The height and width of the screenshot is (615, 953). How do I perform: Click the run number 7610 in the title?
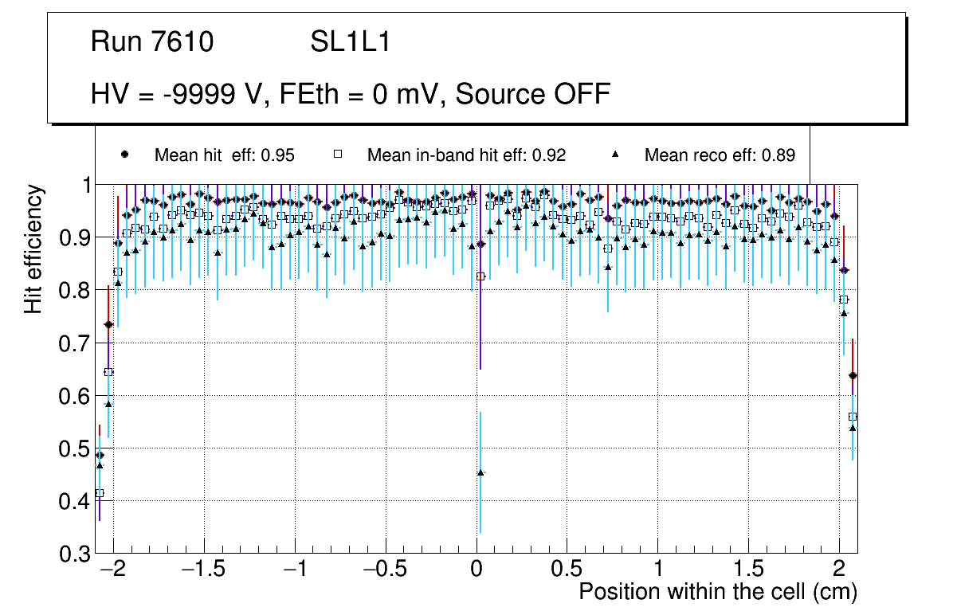pos(183,42)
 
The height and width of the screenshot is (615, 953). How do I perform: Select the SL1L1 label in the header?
pos(351,42)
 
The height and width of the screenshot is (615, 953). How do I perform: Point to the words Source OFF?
pos(534,95)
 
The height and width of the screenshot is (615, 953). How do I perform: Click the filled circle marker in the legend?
pos(124,155)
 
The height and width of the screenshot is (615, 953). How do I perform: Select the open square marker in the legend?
pos(337,155)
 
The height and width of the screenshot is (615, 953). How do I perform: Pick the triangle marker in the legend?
pos(615,155)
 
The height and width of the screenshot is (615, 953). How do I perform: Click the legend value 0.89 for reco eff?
pos(778,155)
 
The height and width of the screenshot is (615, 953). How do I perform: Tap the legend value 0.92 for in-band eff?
pos(549,155)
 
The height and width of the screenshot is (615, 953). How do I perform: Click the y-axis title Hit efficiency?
pos(33,249)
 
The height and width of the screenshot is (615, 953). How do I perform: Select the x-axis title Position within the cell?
pos(717,592)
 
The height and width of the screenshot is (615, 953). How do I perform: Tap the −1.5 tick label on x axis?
pos(205,571)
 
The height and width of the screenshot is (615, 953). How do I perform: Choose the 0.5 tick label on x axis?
pos(567,571)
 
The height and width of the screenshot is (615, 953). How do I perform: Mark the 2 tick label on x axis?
pos(839,571)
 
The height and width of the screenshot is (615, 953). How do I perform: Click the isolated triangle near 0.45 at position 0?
pos(480,472)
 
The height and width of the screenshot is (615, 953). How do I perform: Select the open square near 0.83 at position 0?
pos(480,276)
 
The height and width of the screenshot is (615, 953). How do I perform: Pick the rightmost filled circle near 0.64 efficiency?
pos(853,375)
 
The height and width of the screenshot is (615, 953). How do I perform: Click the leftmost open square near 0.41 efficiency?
pos(100,493)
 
